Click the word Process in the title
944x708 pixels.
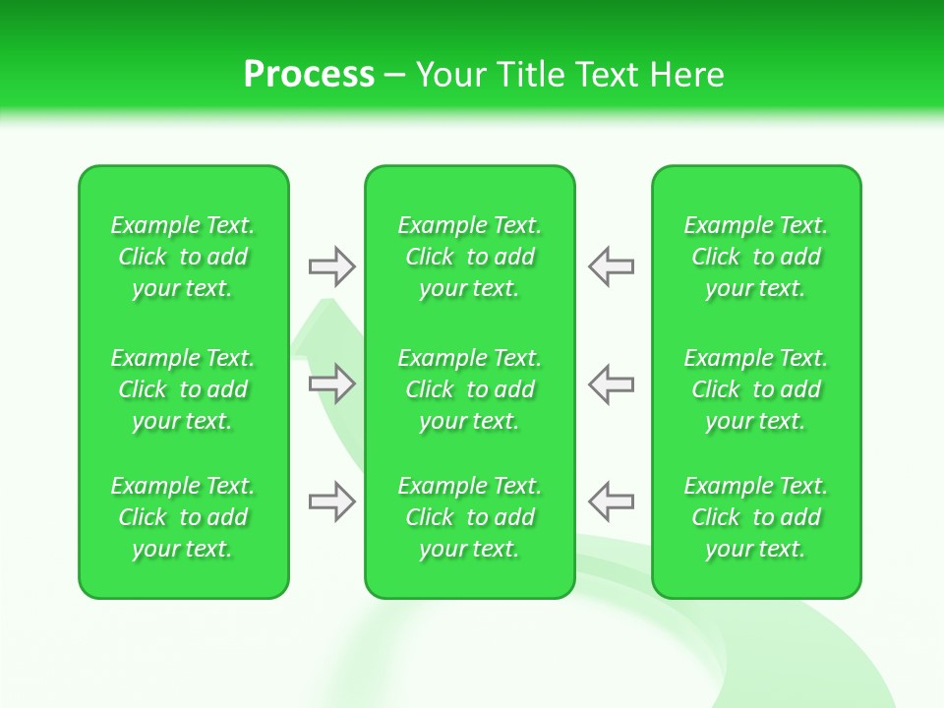[x=309, y=75]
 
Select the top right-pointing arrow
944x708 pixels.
[x=331, y=265]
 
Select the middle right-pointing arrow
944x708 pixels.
[x=331, y=383]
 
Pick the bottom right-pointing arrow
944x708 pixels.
[x=331, y=501]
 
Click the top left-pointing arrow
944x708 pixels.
[x=611, y=265]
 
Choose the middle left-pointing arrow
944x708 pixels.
[x=611, y=383]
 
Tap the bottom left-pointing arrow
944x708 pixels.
[x=611, y=501]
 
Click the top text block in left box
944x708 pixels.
[x=183, y=257]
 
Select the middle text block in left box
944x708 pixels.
[x=183, y=389]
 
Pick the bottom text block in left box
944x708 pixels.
[x=183, y=517]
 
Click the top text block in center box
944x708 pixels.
[x=470, y=257]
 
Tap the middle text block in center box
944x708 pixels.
[x=470, y=389]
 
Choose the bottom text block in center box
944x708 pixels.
[x=470, y=517]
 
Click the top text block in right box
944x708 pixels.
[x=756, y=257]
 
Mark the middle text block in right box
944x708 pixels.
[x=756, y=389]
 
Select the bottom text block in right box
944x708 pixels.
[x=756, y=517]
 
